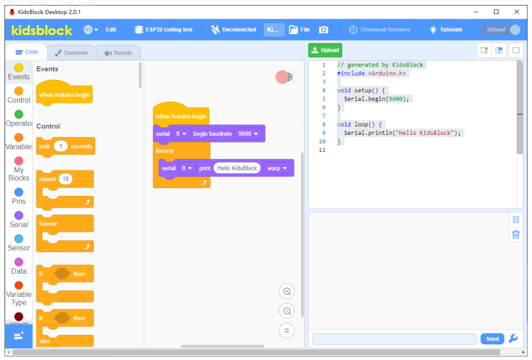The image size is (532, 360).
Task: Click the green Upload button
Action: point(325,50)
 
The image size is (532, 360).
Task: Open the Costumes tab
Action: point(72,53)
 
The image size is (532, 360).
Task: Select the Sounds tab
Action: point(118,53)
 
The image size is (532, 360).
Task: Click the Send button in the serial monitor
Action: point(492,338)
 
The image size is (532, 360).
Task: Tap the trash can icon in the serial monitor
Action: point(515,234)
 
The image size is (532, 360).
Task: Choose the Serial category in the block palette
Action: point(19,220)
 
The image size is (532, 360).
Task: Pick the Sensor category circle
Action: point(19,239)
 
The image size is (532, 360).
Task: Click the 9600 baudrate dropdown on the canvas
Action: point(248,134)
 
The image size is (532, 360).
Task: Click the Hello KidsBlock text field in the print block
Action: point(237,168)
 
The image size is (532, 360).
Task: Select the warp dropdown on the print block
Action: point(277,168)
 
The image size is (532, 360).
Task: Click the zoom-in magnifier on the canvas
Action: point(287,291)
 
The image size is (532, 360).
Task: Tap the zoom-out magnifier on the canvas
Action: point(287,311)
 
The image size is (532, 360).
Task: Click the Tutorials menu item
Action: point(445,30)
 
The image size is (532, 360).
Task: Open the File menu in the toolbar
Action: point(299,30)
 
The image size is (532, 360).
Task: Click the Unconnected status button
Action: point(233,30)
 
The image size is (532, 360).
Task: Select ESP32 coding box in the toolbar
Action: point(163,30)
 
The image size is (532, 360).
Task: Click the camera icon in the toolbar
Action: point(324,30)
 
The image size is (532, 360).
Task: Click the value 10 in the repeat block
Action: point(66,179)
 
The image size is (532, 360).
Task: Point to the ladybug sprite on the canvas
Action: point(285,77)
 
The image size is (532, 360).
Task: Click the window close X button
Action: point(516,12)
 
